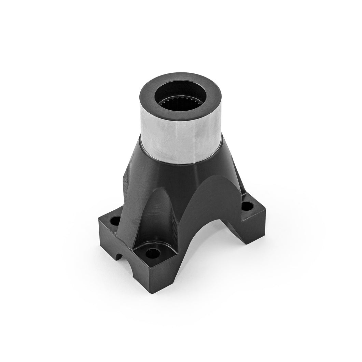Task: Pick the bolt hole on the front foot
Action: pos(153,254)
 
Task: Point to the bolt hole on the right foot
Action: pos(248,206)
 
